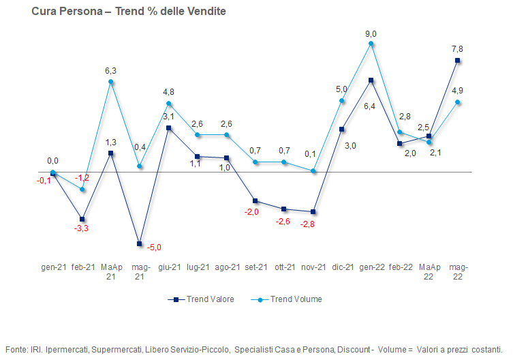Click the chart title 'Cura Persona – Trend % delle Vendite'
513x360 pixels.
tap(129, 12)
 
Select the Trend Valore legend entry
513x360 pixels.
tap(201, 299)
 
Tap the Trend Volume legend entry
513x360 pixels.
tap(287, 299)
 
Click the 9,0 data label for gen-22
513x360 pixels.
tap(371, 34)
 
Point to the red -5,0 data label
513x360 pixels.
tap(154, 247)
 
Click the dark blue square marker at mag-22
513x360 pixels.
tap(457, 60)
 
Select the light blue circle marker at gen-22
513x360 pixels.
tap(371, 43)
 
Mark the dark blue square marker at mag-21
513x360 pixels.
tap(140, 243)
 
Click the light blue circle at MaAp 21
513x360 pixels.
tap(110, 82)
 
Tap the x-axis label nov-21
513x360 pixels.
tap(313, 267)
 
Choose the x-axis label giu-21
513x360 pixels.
tap(170, 267)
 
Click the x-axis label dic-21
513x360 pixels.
tap(343, 267)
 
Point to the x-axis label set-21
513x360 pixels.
tap(256, 267)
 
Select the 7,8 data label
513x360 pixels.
tap(457, 49)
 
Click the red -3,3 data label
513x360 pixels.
tap(81, 228)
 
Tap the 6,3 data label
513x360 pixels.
tap(110, 71)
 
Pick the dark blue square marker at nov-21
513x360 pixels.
tap(313, 212)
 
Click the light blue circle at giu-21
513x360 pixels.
tap(168, 103)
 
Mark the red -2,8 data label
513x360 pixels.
tap(307, 224)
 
